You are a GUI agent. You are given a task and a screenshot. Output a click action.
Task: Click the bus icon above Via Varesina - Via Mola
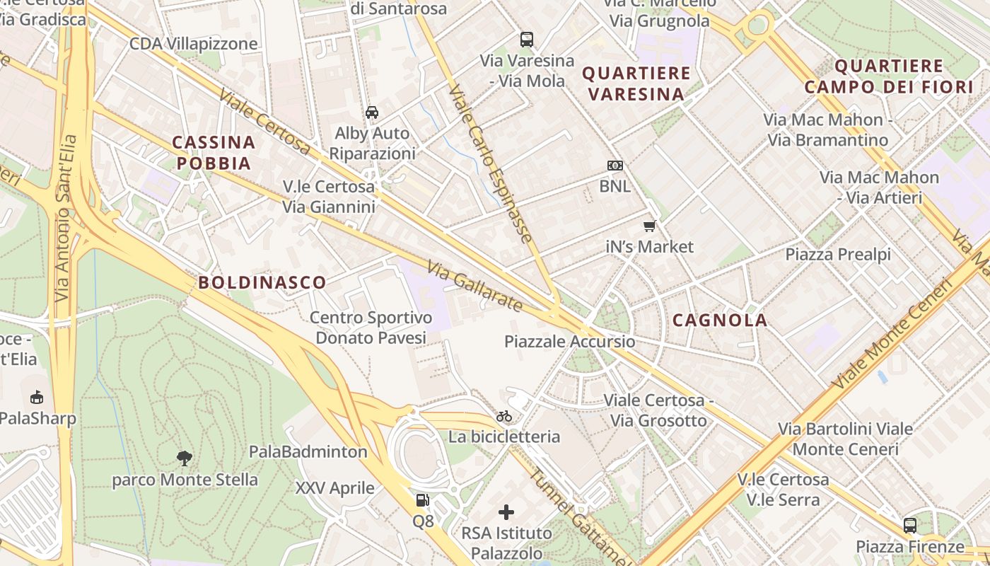(527, 40)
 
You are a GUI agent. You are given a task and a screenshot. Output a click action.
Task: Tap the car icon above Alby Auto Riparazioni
(372, 112)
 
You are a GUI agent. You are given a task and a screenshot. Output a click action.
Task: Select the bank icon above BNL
(615, 166)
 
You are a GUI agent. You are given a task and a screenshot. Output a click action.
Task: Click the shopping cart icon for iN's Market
(650, 226)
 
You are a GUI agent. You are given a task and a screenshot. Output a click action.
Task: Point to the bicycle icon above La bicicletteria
(504, 416)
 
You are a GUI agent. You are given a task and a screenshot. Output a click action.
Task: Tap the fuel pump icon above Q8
(422, 500)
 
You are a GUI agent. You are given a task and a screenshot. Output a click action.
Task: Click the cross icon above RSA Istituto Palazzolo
(506, 512)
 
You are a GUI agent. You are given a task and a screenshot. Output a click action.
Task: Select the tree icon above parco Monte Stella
(185, 458)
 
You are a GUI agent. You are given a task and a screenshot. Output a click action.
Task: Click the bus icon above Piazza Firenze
(910, 526)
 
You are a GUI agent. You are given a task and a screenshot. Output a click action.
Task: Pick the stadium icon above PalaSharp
(37, 397)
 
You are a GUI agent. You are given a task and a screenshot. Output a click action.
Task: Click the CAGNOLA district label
(720, 320)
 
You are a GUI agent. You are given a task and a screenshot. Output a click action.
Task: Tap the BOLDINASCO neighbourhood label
(262, 282)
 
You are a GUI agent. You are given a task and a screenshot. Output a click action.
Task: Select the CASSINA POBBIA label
(214, 153)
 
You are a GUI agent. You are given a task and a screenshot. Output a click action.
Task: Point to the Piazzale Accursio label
(569, 342)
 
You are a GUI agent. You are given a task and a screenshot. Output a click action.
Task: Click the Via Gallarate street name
(474, 286)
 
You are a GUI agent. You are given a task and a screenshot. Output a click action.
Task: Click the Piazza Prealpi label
(838, 254)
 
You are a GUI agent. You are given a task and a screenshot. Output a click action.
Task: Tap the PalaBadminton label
(308, 451)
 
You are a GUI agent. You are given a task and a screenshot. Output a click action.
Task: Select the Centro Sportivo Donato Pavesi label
(371, 328)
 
